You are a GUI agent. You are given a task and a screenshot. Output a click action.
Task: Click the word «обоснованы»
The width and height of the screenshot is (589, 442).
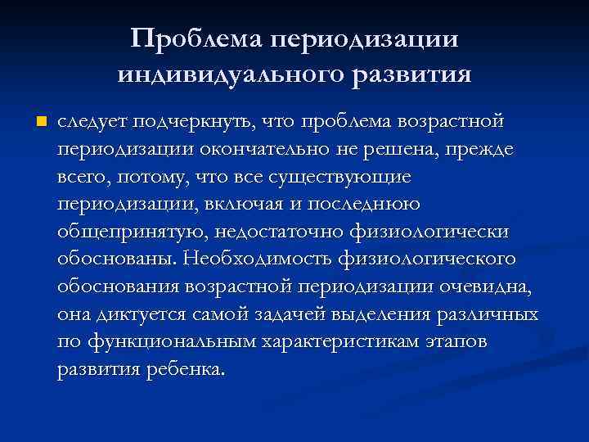click(x=116, y=259)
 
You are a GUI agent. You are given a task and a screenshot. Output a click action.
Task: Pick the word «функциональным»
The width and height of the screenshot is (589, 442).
click(x=173, y=342)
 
